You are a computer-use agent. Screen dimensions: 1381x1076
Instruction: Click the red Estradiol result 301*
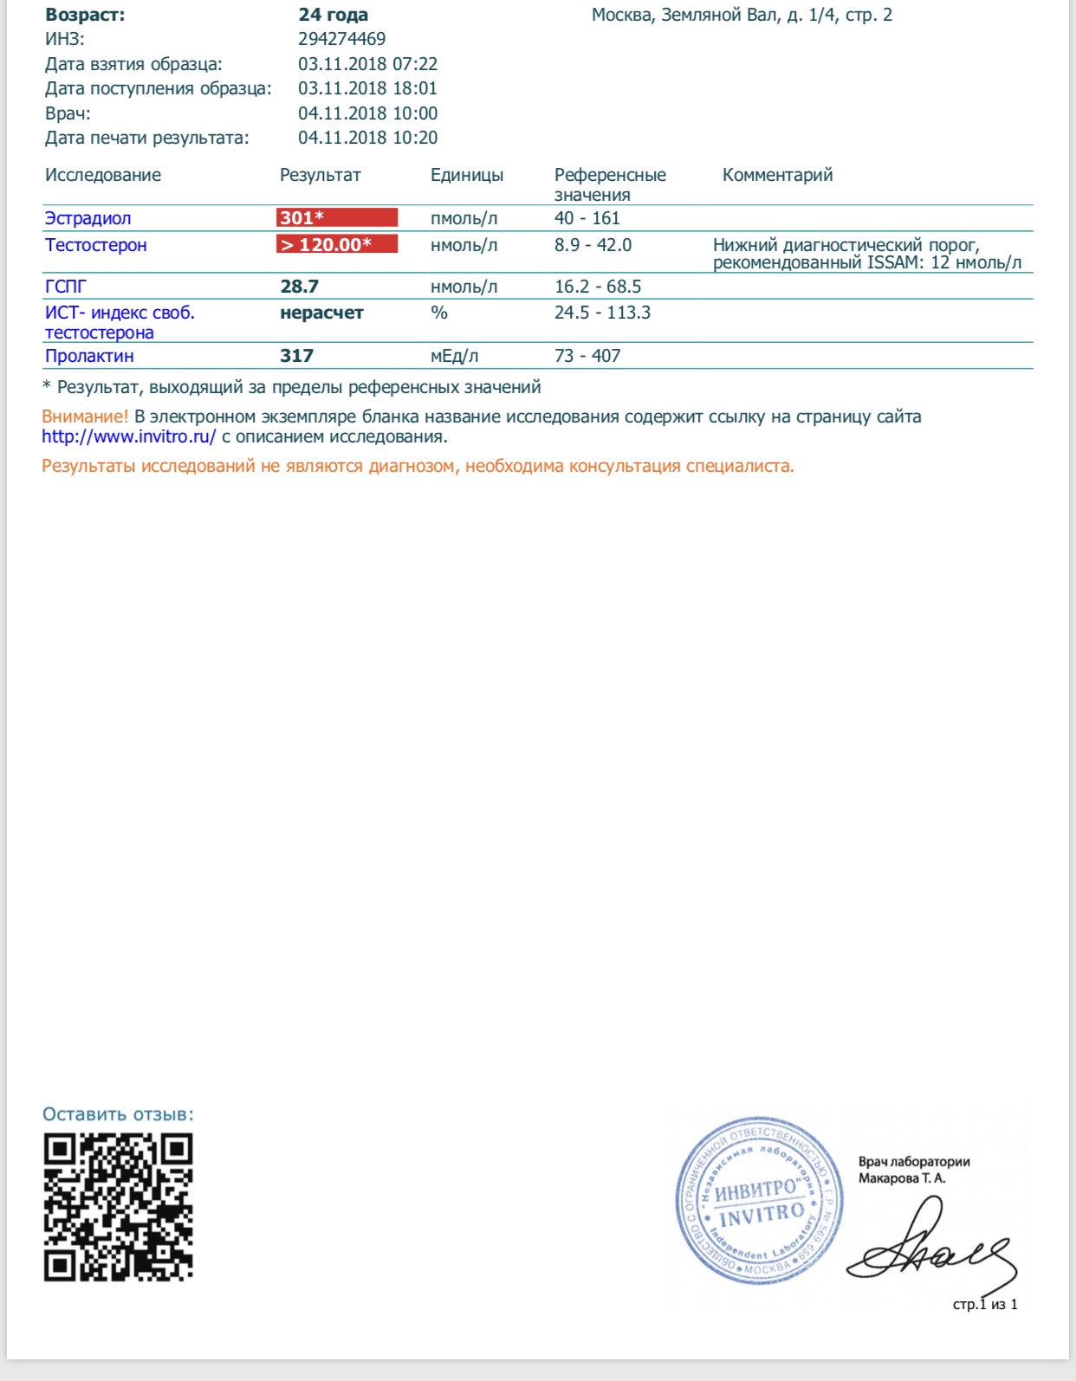336,217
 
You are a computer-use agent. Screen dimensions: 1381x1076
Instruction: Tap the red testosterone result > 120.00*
336,244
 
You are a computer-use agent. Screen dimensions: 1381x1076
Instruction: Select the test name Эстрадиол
88,218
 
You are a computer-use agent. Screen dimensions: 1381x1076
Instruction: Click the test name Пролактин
89,356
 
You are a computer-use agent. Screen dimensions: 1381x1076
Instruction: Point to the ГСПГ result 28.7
299,287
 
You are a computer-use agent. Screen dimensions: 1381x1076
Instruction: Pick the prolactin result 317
296,356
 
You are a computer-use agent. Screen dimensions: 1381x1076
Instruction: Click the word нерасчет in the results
321,313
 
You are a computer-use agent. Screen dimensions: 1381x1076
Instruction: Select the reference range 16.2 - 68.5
598,287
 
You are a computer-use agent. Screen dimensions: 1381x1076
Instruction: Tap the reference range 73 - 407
587,356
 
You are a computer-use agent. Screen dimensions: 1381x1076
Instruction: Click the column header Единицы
466,175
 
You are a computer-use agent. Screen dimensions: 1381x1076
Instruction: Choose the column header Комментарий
777,175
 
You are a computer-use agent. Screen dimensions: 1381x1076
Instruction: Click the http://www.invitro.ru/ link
128,437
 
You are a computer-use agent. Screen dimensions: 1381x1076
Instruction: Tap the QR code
118,1207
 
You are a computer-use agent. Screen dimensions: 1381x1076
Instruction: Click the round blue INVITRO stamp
759,1200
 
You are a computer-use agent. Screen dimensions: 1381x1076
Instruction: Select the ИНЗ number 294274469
341,39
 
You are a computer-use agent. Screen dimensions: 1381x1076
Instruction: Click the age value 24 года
333,15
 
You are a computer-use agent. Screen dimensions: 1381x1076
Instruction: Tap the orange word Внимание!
85,416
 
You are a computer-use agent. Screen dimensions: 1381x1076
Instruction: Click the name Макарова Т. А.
902,1178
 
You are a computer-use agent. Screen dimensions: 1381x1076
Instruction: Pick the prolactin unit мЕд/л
454,356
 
